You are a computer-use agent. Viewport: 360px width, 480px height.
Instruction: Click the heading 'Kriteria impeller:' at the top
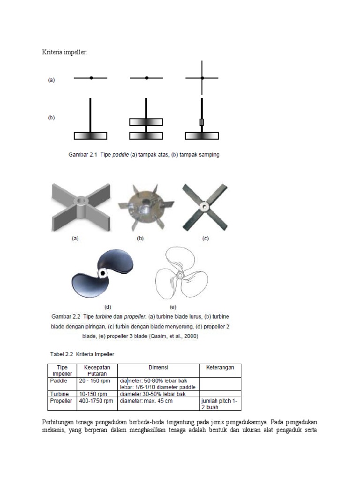click(x=64, y=52)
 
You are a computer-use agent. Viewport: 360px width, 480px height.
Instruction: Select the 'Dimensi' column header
click(x=158, y=368)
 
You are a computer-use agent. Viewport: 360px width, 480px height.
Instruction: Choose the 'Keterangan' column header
click(x=220, y=368)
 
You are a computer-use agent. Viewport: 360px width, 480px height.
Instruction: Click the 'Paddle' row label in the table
click(x=58, y=381)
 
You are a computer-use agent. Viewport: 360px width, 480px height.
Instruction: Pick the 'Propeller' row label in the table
click(x=60, y=401)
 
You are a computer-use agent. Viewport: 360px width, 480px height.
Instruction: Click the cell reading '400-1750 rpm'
click(x=97, y=401)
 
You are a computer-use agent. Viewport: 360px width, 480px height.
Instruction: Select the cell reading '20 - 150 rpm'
click(x=94, y=381)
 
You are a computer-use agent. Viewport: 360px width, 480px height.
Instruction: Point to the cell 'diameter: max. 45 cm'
click(x=146, y=401)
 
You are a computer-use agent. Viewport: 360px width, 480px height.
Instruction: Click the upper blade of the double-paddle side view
click(x=146, y=122)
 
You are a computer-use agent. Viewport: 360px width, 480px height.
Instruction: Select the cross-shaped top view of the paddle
click(x=202, y=78)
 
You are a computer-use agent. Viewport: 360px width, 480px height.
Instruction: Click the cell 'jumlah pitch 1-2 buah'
click(x=219, y=404)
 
